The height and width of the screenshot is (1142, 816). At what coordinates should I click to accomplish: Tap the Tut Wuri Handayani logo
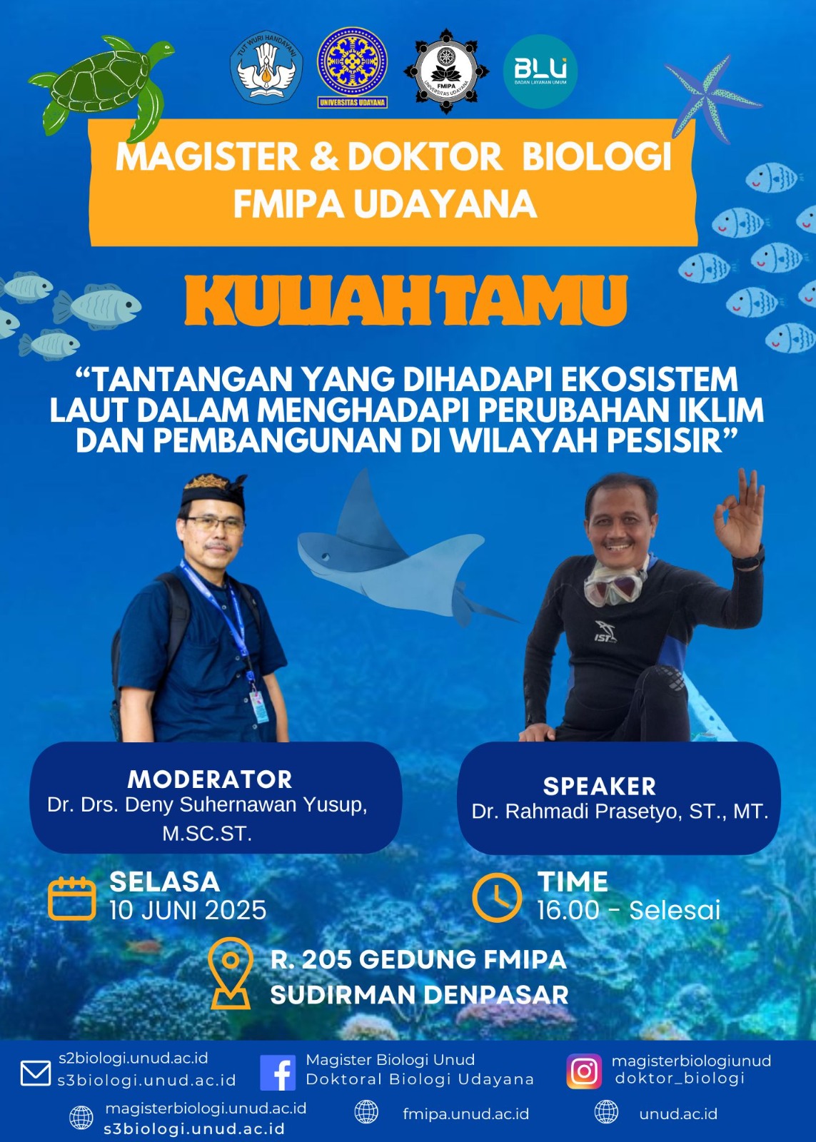pyautogui.click(x=266, y=68)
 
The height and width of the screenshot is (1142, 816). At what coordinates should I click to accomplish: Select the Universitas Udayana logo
pyautogui.click(x=352, y=68)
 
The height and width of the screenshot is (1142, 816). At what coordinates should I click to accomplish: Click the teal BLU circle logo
pyautogui.click(x=540, y=71)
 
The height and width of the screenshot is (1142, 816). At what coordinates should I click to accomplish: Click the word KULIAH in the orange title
pyautogui.click(x=307, y=300)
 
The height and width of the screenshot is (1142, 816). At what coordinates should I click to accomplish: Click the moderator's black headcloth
pyautogui.click(x=213, y=488)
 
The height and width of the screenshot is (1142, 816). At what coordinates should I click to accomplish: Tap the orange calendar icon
pyautogui.click(x=72, y=912)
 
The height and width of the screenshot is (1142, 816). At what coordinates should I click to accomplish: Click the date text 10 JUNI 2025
pyautogui.click(x=188, y=924)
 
